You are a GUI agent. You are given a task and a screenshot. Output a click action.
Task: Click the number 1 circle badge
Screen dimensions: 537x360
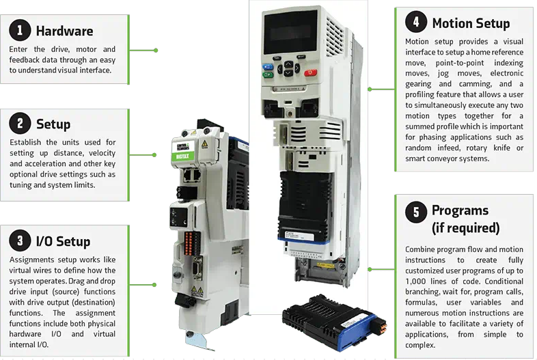pos(20,30)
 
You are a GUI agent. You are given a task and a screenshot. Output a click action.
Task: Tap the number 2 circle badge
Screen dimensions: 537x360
pos(20,124)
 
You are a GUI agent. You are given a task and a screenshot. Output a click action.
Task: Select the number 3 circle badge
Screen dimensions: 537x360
pos(20,240)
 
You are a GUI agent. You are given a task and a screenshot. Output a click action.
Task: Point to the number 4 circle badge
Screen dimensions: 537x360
pos(416,22)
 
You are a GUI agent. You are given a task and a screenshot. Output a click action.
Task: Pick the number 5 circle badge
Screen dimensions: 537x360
pos(416,212)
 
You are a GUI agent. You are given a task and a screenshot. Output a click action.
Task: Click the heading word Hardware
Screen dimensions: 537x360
pos(64,31)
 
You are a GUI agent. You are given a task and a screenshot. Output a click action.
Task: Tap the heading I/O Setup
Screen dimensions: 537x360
pos(63,242)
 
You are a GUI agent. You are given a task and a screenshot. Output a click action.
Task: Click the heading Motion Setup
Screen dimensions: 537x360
pos(471,23)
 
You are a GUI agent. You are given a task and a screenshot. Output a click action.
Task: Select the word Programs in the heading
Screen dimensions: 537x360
pos(460,210)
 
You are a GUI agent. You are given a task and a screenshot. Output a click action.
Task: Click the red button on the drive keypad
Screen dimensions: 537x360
pos(310,72)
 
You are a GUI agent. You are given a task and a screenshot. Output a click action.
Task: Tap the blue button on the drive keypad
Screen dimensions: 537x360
pos(267,67)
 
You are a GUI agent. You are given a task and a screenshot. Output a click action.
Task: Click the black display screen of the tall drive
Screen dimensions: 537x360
pos(290,32)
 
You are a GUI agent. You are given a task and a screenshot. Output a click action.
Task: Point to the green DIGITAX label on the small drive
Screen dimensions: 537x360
pos(182,156)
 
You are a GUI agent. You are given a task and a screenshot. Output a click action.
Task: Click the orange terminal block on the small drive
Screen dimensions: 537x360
pos(189,243)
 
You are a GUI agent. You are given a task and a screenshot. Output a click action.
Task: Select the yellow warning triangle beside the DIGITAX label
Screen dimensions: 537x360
pos(204,144)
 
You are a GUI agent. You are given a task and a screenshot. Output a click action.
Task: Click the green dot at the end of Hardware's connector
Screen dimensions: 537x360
pos(156,51)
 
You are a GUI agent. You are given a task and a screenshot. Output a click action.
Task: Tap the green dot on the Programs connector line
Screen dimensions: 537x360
pos(370,270)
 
